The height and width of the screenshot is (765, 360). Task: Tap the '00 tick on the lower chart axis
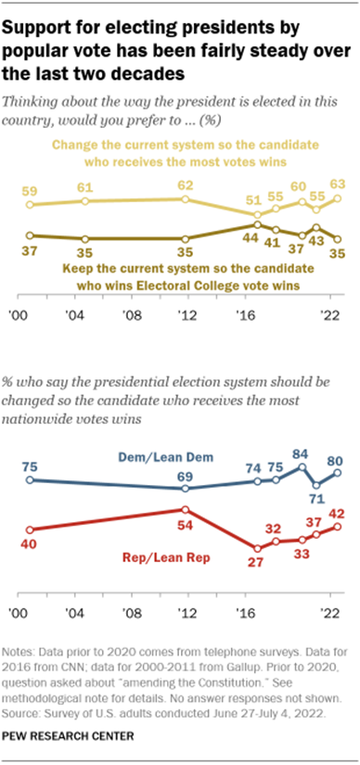pos(16,613)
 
